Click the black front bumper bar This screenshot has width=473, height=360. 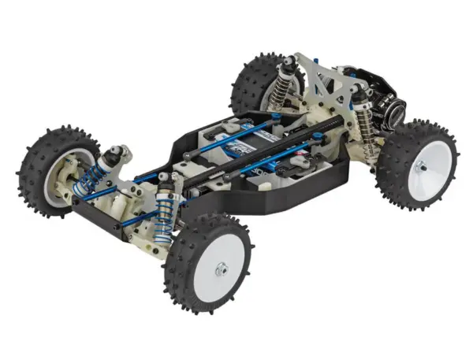pyautogui.click(x=102, y=213)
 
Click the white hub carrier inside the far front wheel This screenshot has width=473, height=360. pyautogui.click(x=63, y=177)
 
